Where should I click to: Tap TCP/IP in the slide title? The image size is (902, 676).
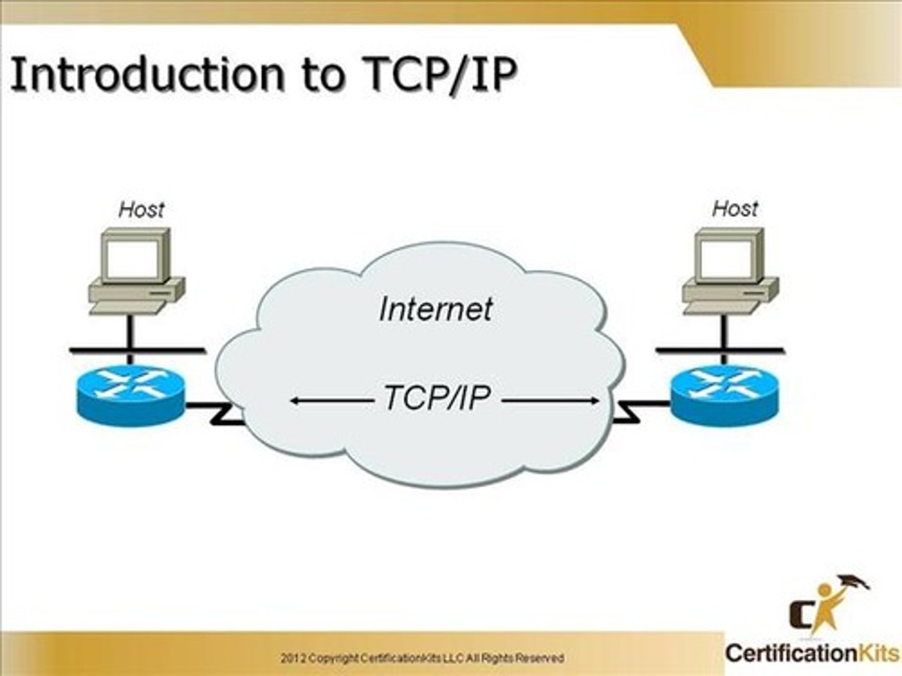[439, 74]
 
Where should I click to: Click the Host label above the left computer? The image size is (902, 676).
[141, 209]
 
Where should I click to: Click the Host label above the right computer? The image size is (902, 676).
[735, 208]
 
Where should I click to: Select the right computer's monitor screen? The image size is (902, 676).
[726, 259]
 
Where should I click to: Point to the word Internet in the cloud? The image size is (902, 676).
[436, 309]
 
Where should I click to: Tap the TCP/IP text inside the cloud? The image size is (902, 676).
[437, 398]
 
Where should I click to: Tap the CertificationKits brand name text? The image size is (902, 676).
[812, 653]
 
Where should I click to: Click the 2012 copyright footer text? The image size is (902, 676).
[422, 658]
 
